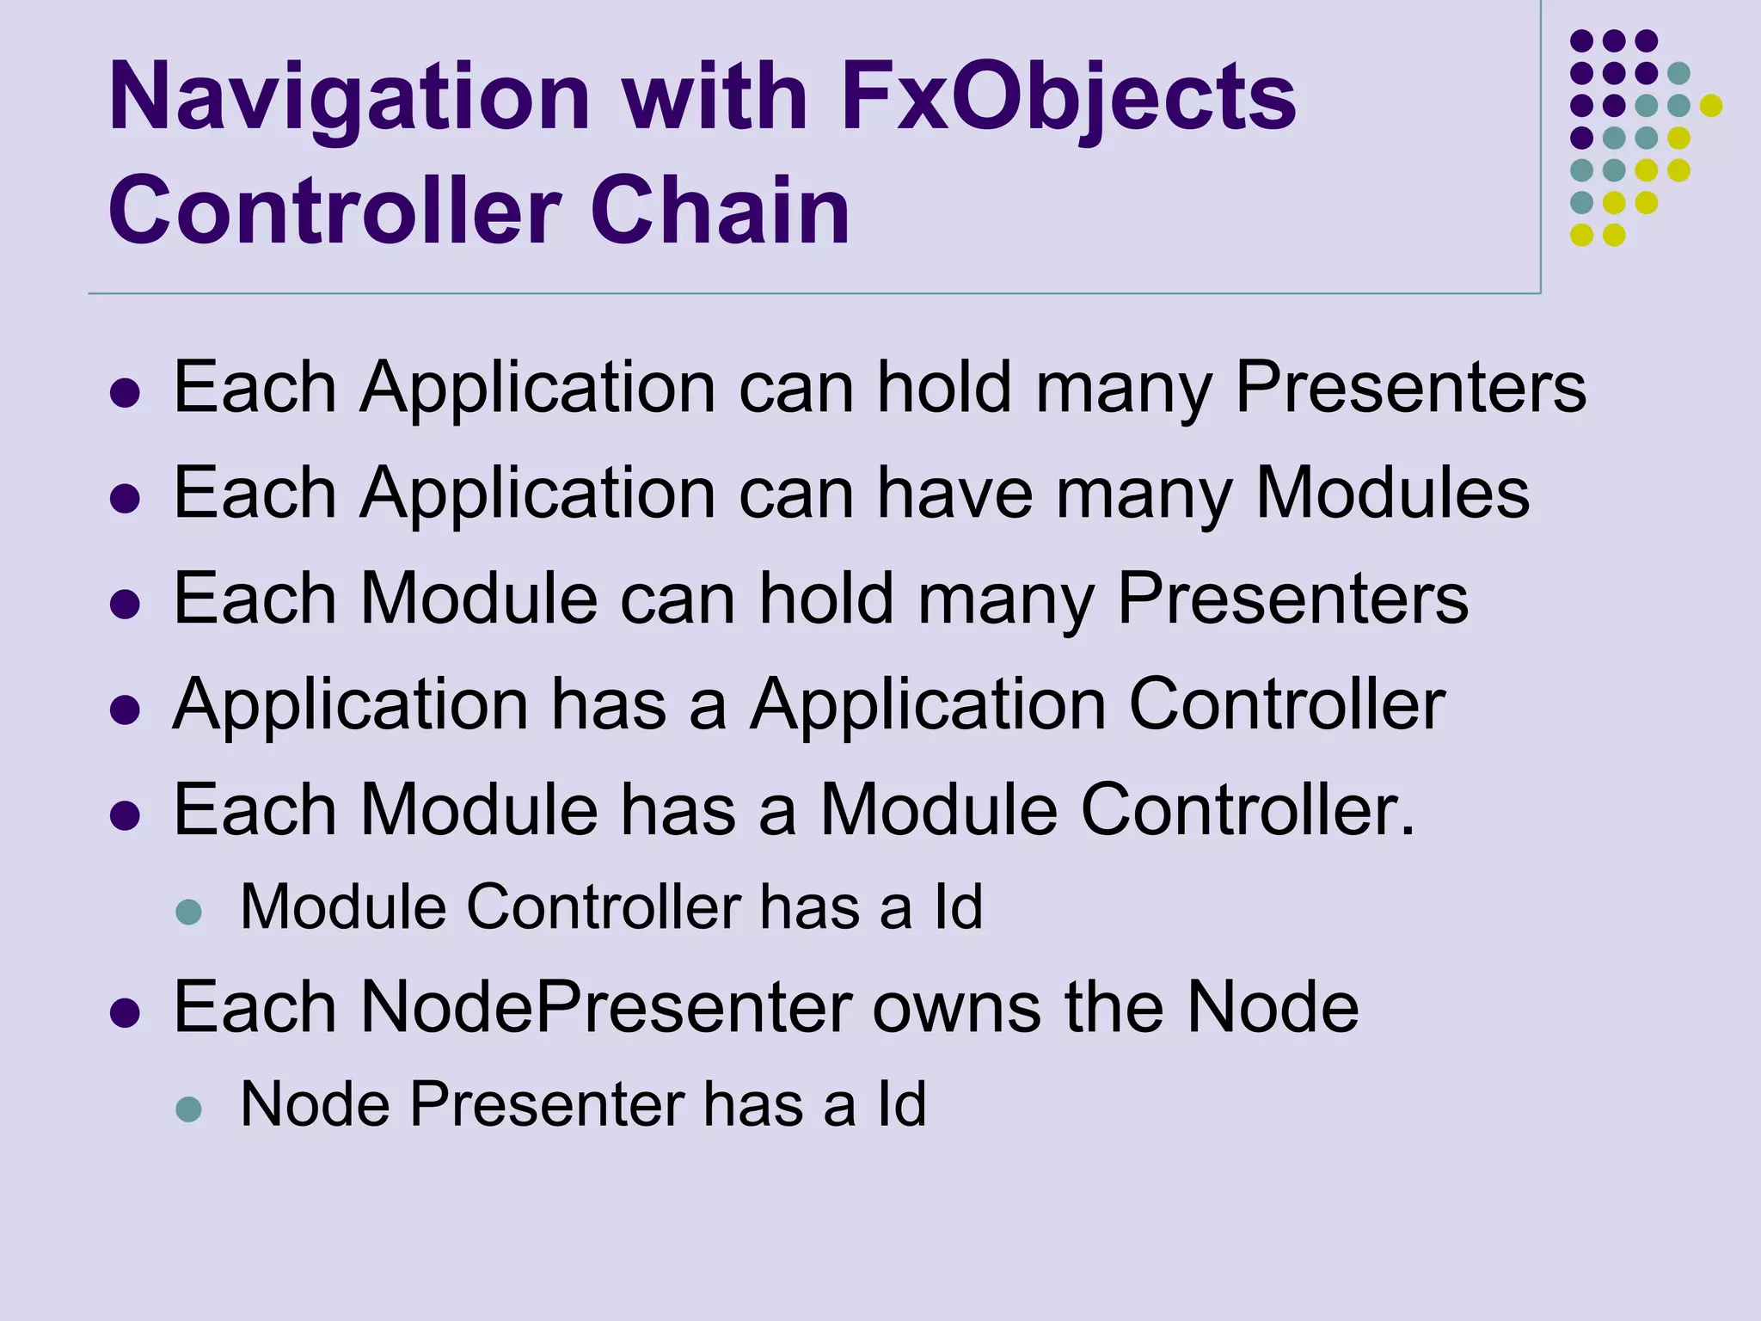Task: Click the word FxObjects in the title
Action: pos(1068,99)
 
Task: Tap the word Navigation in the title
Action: pos(349,99)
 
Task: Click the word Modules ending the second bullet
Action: pos(1392,494)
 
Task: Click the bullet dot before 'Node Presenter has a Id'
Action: pos(188,1109)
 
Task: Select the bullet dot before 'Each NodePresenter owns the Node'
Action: pos(126,1012)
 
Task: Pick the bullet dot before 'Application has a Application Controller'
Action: pos(126,710)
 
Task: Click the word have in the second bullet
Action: pos(954,494)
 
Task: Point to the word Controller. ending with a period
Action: pos(1247,810)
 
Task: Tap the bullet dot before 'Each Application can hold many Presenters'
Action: pos(126,393)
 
